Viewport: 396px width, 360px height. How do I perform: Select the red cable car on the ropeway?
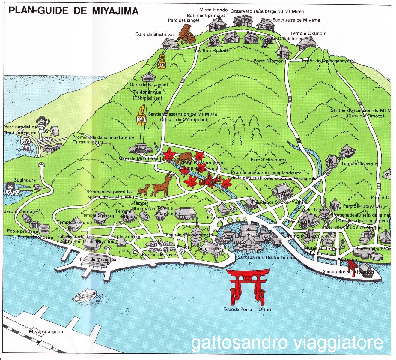[x=162, y=61]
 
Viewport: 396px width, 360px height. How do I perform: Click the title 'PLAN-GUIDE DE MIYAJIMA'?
[x=73, y=11]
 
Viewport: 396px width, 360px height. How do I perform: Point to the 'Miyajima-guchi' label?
[x=47, y=331]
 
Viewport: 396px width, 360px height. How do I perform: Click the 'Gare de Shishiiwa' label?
[x=154, y=34]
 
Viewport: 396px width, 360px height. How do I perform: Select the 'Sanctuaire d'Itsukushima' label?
[x=264, y=257]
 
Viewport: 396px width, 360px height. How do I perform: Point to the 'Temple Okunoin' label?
[x=308, y=33]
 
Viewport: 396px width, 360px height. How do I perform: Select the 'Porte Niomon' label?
[x=268, y=61]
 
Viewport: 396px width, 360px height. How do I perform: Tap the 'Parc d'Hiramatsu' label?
[x=269, y=160]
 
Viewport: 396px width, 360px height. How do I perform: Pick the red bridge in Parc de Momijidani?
[x=210, y=181]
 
